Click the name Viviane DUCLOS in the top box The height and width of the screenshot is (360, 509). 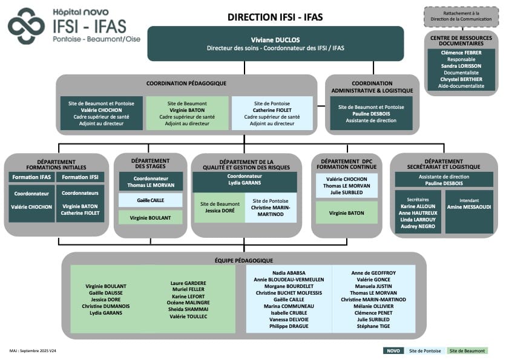point(275,39)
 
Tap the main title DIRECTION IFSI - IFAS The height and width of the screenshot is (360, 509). point(275,17)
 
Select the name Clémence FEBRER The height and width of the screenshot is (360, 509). point(461,53)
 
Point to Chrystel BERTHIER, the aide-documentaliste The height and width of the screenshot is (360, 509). point(461,79)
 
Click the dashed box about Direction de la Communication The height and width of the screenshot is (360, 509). point(461,17)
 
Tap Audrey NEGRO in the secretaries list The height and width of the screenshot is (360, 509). point(418,227)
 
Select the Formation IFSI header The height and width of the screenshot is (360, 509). point(80,177)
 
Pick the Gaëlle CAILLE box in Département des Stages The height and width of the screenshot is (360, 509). point(150,200)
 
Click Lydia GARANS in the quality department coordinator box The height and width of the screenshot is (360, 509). point(245,182)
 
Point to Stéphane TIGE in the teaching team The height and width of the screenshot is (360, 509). point(373,326)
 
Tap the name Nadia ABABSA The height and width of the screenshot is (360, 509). point(289,273)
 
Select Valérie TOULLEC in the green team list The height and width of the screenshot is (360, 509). point(188,316)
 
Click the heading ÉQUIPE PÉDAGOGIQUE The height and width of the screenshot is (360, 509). point(244,260)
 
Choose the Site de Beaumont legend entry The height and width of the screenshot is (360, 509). point(467,350)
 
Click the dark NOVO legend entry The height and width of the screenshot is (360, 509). point(393,350)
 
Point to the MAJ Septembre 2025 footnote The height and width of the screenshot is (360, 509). point(33,350)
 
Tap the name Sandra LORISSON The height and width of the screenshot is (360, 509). point(461,66)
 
